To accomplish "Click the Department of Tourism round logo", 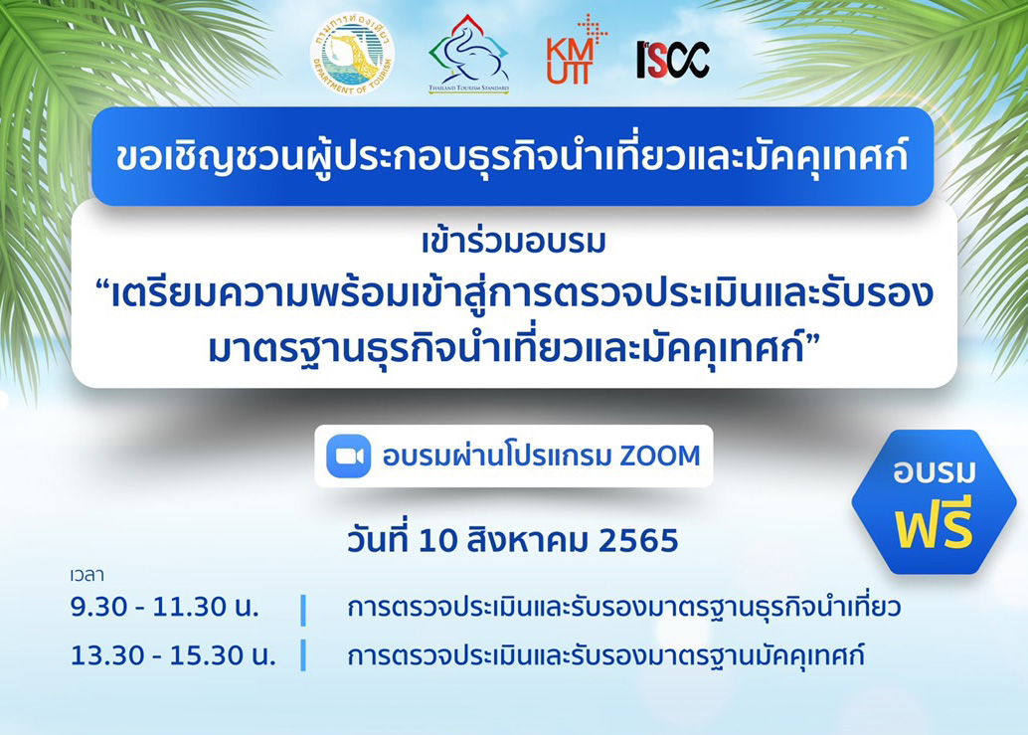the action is [352, 55].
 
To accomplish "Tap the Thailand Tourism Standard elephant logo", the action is [468, 55].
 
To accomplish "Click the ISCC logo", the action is [673, 60].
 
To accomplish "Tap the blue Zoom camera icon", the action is [349, 456].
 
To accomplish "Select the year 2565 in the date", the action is [638, 541].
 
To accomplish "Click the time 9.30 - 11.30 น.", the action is [165, 607].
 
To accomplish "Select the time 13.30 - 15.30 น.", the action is [173, 655].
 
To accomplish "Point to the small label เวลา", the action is [86, 575].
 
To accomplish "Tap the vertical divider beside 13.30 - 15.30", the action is [303, 655].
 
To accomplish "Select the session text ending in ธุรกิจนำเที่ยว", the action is [623, 607].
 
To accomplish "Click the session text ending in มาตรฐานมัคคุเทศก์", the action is [605, 655].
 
